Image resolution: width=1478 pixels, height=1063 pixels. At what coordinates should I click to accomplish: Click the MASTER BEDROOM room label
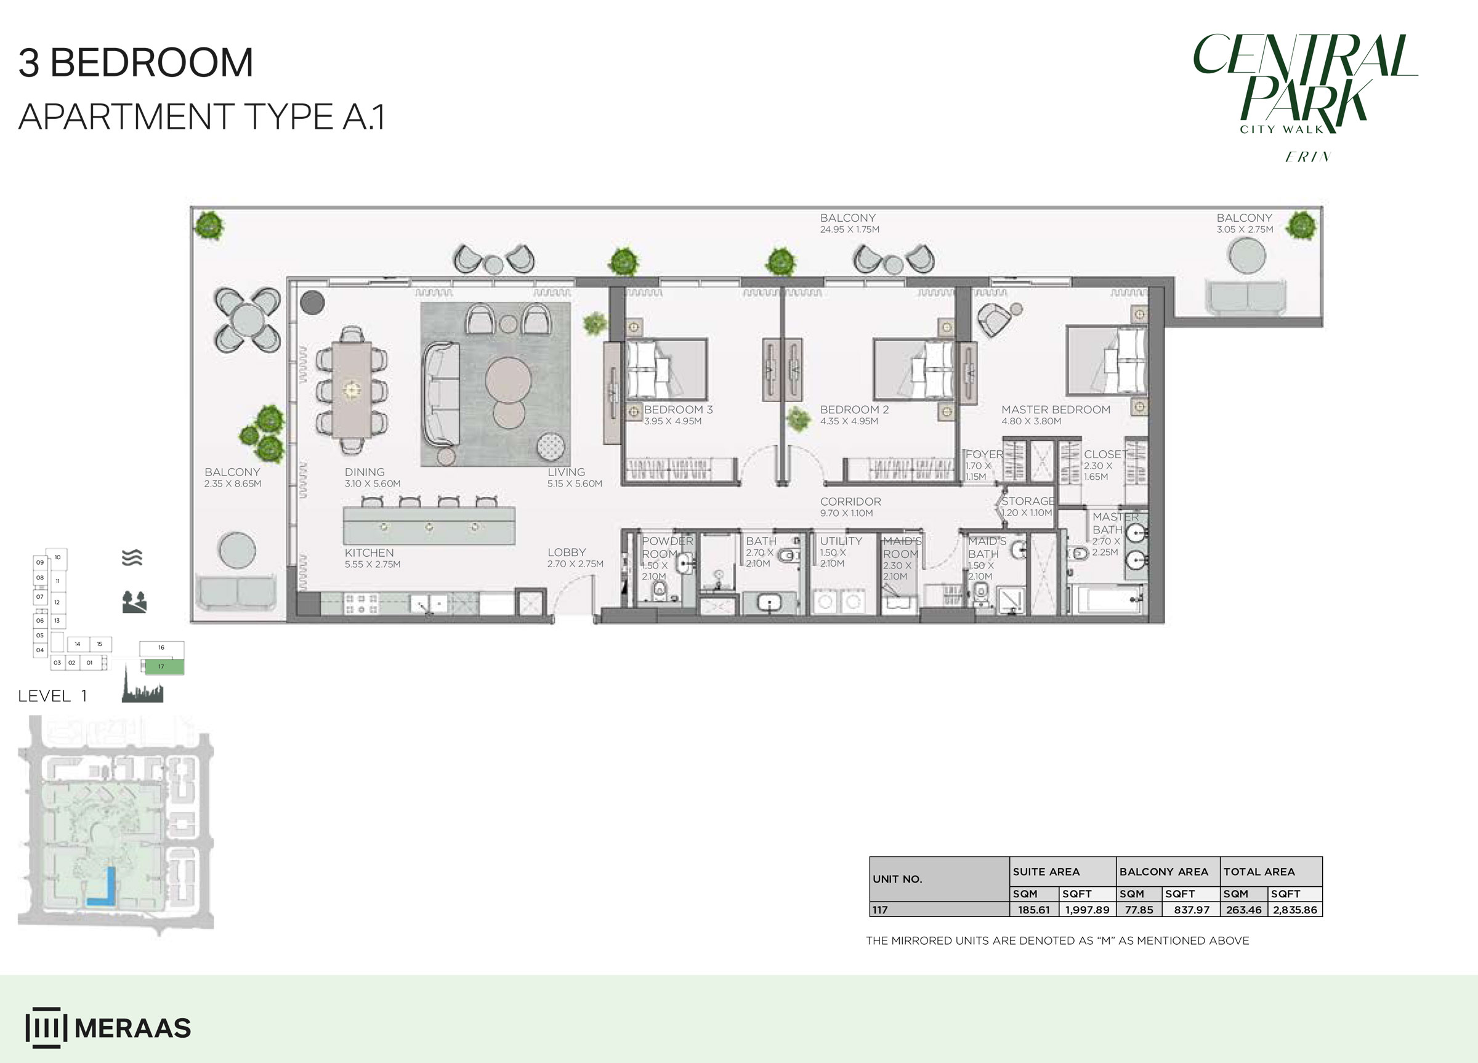tap(1055, 410)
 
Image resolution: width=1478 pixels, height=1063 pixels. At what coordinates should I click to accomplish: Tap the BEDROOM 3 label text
tap(678, 410)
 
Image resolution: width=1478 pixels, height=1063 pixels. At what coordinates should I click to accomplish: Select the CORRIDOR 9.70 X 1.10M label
tap(850, 506)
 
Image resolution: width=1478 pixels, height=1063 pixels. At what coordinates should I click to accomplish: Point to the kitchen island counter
tap(429, 525)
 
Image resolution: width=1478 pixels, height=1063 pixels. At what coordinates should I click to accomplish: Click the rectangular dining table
tap(352, 390)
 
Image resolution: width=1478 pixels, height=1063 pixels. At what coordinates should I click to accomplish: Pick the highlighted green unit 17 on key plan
tap(161, 667)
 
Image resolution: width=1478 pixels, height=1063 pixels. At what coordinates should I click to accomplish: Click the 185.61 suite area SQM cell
tap(1034, 910)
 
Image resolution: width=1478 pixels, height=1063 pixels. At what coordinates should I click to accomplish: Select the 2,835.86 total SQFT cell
tap(1294, 910)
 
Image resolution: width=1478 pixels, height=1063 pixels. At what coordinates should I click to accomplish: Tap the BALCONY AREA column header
tap(1163, 872)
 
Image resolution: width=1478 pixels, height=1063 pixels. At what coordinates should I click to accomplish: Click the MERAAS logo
tap(108, 1028)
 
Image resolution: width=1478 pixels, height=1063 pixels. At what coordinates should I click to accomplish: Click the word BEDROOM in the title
tap(151, 63)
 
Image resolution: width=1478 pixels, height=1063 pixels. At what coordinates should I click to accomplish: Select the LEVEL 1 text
tap(52, 696)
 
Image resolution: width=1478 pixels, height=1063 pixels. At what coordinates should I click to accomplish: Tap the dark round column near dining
tap(312, 302)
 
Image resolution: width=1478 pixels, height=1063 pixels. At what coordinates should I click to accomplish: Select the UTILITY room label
tap(841, 541)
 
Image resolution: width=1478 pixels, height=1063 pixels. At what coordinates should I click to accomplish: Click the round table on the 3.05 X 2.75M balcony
tap(1246, 256)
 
